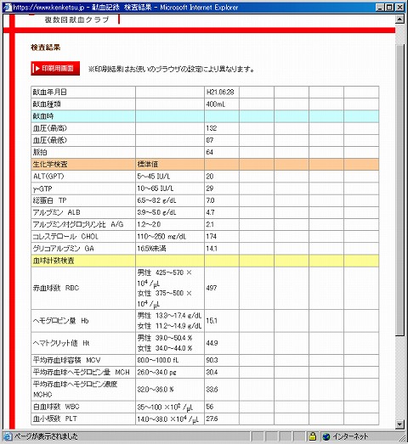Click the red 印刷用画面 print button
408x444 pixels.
pos(56,67)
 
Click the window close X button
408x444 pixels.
pos(399,7)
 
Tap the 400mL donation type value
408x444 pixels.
pos(215,103)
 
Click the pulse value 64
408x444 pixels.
pos(209,151)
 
